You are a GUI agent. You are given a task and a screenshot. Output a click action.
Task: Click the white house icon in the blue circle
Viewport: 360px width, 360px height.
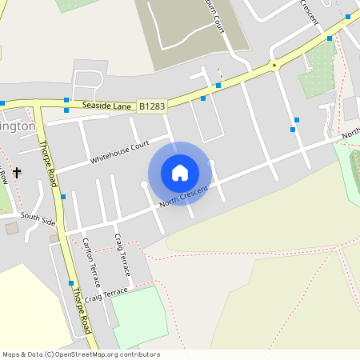pos(180,172)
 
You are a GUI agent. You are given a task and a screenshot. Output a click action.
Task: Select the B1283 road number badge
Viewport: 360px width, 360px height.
pos(153,105)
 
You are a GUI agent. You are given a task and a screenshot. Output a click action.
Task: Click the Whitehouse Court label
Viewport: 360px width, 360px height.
pos(119,150)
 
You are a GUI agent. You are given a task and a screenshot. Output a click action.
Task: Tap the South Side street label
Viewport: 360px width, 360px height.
pos(38,218)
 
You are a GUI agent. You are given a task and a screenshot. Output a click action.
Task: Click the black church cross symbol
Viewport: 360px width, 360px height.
pos(17,171)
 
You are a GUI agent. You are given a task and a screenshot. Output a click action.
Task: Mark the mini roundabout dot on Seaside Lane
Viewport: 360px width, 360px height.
pos(274,66)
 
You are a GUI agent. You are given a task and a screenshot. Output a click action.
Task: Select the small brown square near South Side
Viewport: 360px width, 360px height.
pos(12,229)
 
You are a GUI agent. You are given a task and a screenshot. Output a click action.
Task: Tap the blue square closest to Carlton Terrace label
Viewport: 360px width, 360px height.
pos(71,283)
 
